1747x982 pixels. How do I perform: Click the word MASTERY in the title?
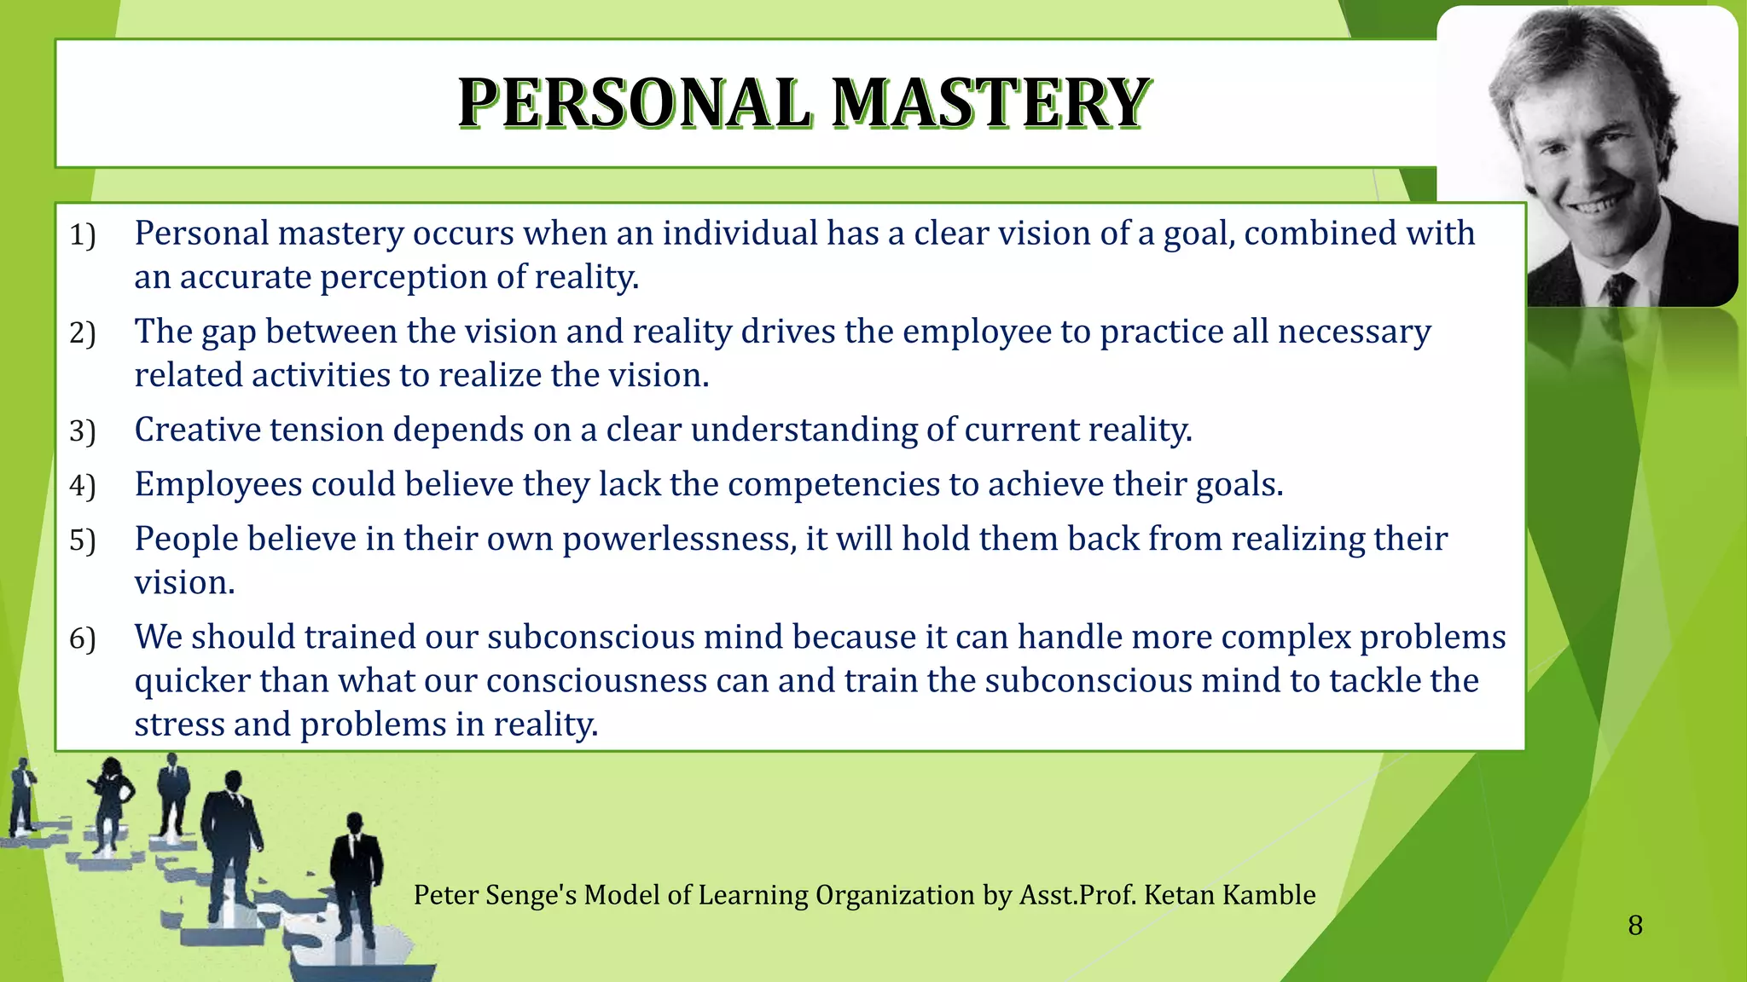[x=990, y=103]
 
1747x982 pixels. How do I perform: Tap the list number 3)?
[x=82, y=430]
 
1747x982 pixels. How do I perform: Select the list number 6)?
[x=82, y=638]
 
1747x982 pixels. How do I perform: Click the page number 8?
[x=1634, y=926]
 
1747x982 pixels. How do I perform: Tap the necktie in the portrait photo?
[x=1616, y=288]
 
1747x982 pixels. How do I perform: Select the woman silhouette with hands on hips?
[x=110, y=801]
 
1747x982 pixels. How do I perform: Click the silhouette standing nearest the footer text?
[x=353, y=878]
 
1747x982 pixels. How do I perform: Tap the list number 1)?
[x=82, y=234]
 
